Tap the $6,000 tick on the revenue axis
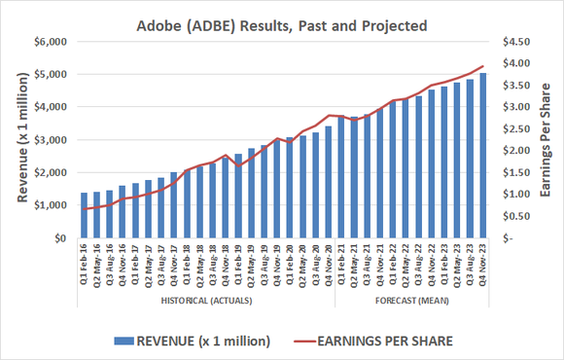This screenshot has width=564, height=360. point(50,41)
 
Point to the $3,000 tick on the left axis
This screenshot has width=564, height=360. point(50,140)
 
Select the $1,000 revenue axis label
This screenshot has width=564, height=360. point(50,206)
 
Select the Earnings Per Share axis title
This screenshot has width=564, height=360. point(549,138)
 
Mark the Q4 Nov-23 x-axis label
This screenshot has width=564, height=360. point(483,267)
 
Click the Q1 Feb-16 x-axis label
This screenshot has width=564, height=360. point(84,267)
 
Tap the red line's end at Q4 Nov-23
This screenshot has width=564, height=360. point(483,66)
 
